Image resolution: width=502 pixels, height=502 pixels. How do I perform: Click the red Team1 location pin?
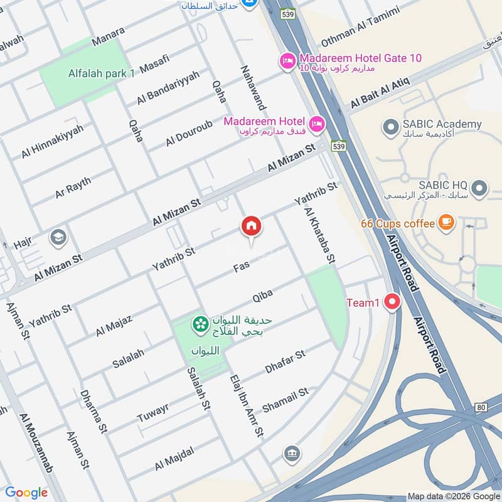393,302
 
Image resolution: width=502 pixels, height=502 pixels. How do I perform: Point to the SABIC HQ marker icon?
480,188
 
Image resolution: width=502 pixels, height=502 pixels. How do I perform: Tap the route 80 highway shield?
481,407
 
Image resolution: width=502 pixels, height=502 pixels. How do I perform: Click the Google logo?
26,493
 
